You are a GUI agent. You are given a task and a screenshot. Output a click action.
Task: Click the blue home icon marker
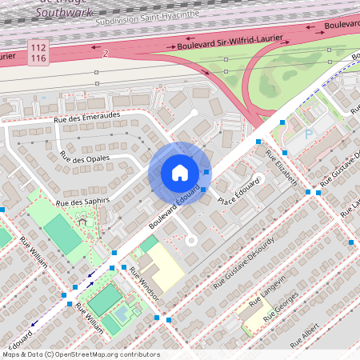[x=179, y=172]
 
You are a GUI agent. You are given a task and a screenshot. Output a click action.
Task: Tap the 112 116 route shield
[x=38, y=54]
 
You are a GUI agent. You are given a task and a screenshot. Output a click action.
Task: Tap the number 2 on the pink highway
[x=105, y=54]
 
